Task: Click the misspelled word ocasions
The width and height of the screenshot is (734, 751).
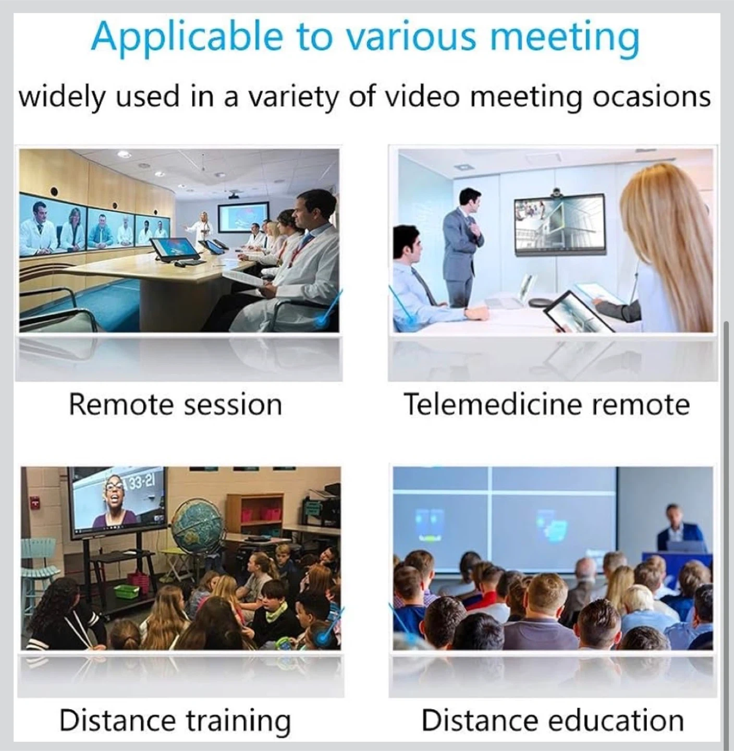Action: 652,97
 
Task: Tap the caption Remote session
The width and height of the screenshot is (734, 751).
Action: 176,405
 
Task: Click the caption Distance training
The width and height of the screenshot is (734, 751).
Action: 175,721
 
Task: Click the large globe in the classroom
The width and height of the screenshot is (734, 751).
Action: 198,523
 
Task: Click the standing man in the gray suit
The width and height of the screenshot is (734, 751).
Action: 462,246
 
